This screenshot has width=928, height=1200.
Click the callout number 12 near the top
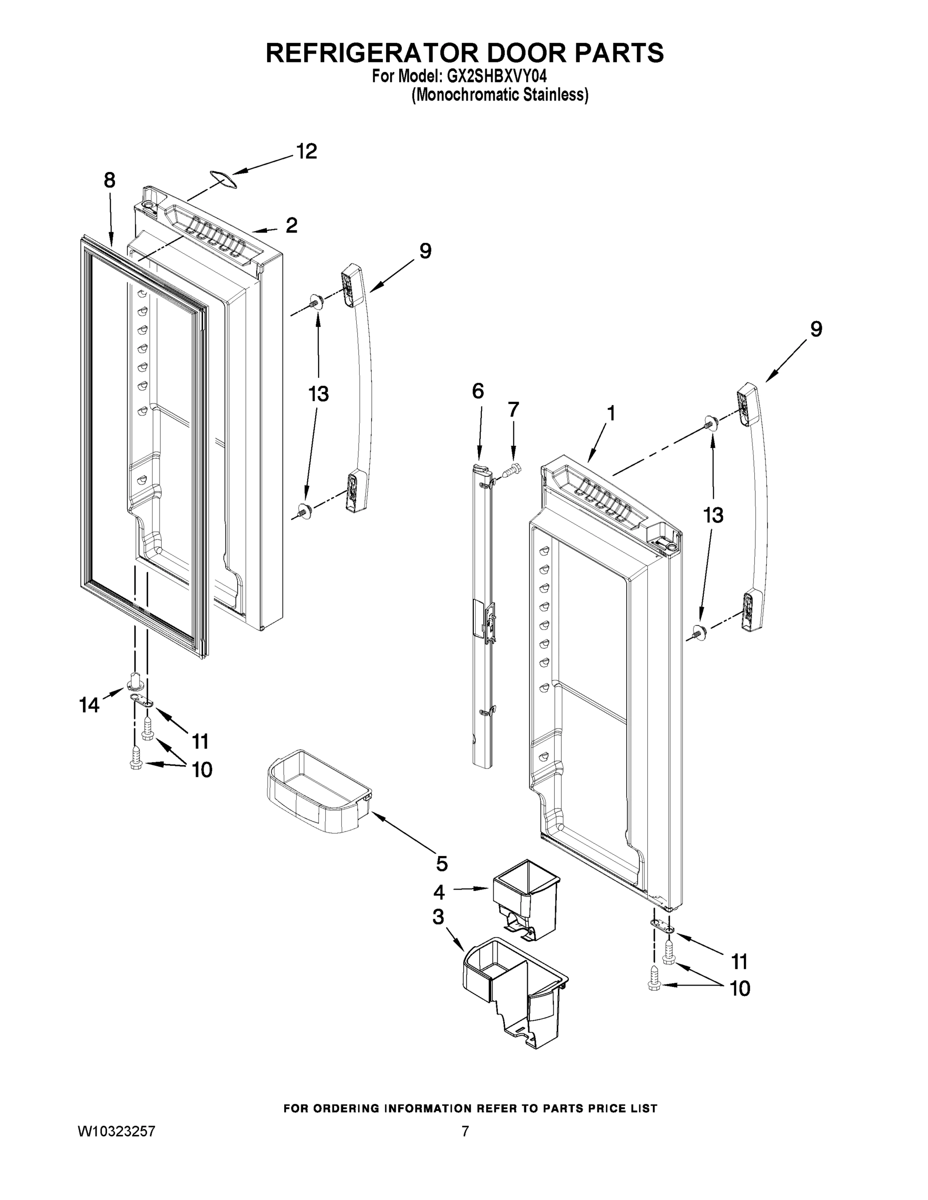307,151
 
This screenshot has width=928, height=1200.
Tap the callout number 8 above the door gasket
110,179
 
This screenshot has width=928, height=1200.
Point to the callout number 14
90,705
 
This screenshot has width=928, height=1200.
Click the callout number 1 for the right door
610,413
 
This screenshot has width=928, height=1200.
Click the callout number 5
441,863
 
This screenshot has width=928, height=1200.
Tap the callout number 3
438,917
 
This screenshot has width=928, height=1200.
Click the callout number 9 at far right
816,329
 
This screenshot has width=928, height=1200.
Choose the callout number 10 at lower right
740,988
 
